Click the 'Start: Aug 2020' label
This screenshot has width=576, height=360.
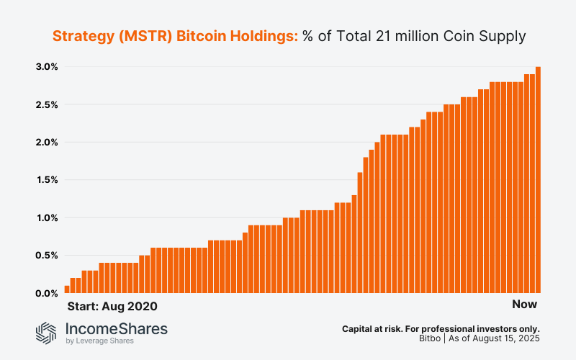click(x=112, y=306)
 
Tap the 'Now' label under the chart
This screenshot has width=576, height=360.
click(x=525, y=304)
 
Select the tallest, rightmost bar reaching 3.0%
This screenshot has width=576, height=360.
click(x=539, y=180)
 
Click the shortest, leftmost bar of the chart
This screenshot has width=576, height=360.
click(x=67, y=289)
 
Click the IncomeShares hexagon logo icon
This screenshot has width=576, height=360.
click(x=47, y=332)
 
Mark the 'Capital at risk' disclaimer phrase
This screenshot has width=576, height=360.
click(x=372, y=328)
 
